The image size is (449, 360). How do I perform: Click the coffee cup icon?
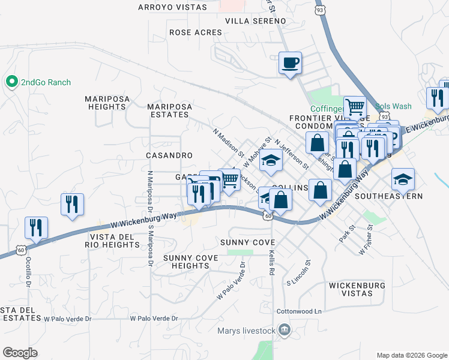point(290,62)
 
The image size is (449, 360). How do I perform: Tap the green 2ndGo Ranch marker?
point(11,82)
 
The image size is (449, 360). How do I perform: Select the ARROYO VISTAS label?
point(172,7)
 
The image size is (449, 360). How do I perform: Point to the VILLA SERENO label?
point(256,21)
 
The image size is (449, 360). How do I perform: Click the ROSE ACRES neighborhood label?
point(195,33)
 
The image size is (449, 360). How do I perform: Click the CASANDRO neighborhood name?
point(169,155)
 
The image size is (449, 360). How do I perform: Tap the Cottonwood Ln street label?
point(299,312)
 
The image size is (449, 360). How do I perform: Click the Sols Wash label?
point(394,106)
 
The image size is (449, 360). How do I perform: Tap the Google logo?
point(20,352)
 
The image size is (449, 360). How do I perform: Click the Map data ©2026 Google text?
point(411,355)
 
